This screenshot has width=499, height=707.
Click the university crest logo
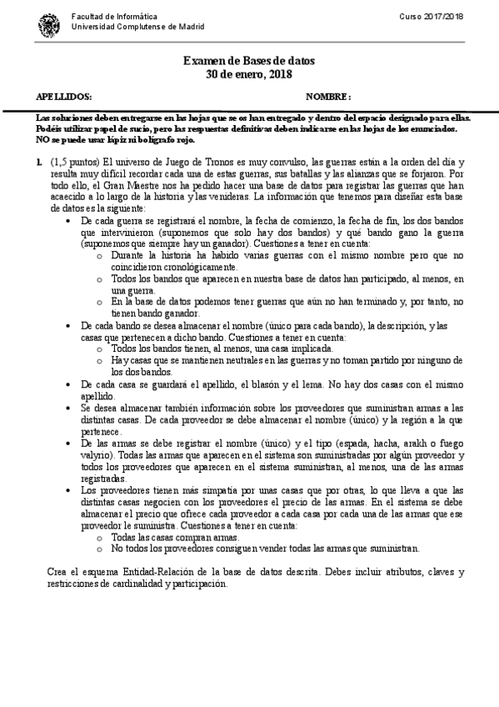46,26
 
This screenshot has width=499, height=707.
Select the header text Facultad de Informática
104,18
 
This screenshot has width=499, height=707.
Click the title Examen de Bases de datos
249,61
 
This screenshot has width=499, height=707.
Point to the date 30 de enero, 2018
249,74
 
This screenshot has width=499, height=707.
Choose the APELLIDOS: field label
59,96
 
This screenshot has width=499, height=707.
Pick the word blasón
253,384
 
